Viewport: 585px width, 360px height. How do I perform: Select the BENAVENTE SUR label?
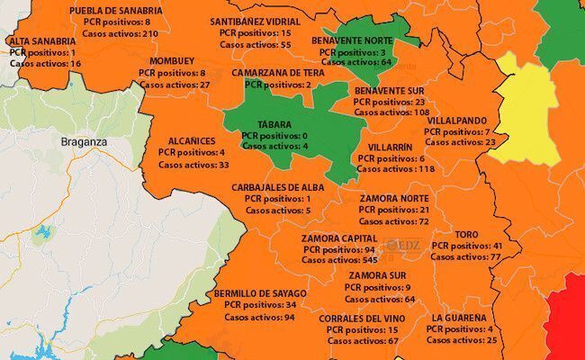[391, 91]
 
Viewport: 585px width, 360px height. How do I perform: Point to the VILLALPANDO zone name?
[457, 119]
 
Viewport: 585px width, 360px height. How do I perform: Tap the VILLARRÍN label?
[390, 146]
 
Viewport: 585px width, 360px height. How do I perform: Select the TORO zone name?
[466, 234]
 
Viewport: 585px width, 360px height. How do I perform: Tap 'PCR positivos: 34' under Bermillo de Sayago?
[260, 305]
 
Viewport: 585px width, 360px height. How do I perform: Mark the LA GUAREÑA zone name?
[459, 318]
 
